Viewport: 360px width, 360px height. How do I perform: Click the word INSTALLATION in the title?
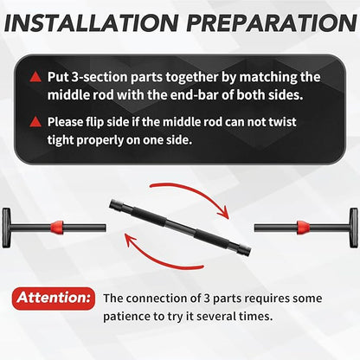click(91, 22)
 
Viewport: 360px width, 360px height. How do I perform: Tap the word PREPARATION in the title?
click(272, 22)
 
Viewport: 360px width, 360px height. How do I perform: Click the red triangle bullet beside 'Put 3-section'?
click(35, 77)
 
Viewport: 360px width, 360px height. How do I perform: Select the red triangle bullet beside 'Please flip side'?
click(35, 122)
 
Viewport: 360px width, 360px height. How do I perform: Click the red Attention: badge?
click(54, 299)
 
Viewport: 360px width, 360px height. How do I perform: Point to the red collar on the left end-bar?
click(57, 228)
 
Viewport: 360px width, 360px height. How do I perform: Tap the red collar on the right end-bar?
click(303, 228)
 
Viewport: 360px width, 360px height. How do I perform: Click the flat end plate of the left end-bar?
click(6, 228)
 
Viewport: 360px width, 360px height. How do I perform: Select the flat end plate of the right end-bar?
click(354, 228)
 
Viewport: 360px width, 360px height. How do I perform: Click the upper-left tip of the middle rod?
click(111, 204)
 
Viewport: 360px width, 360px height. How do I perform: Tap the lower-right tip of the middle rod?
click(249, 251)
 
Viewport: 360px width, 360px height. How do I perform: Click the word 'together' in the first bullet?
click(191, 78)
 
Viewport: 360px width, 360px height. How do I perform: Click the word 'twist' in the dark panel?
click(282, 122)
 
